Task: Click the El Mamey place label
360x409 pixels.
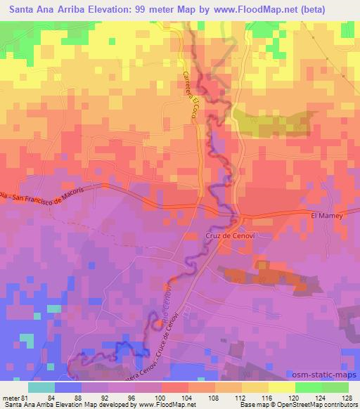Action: pyautogui.click(x=326, y=216)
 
